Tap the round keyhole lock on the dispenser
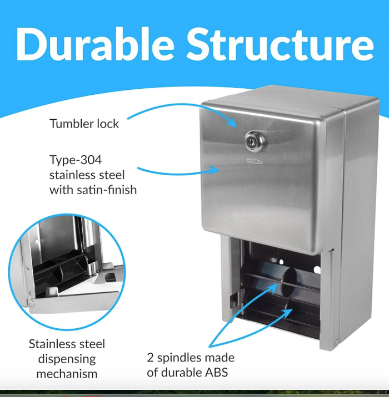(x=254, y=141)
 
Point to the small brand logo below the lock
(x=255, y=161)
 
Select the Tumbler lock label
(x=84, y=124)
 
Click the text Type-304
(x=76, y=160)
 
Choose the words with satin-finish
(x=93, y=190)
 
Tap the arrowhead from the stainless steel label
(x=215, y=169)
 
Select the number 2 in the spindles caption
(x=150, y=358)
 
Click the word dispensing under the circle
(x=67, y=359)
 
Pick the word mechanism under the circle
(x=67, y=374)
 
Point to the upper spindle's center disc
(x=289, y=282)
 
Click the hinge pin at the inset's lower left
(x=31, y=303)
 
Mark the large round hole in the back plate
(x=317, y=269)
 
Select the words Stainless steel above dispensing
(x=67, y=344)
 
